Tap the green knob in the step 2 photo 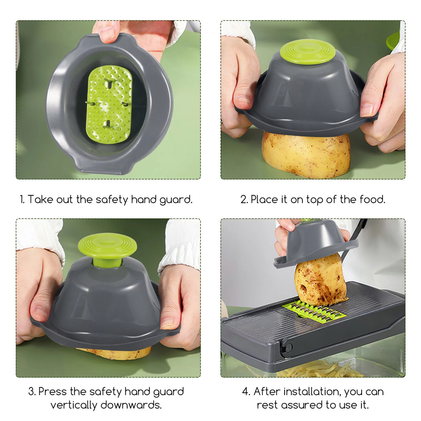[308, 52]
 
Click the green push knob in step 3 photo [107, 246]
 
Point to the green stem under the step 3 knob [107, 263]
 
